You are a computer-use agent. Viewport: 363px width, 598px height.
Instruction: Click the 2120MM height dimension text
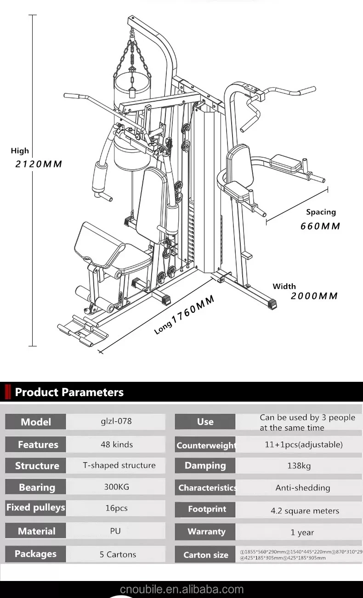pos(39,164)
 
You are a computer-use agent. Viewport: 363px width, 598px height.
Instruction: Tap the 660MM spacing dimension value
pos(320,226)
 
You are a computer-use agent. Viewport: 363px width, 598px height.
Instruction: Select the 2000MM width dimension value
pos(314,296)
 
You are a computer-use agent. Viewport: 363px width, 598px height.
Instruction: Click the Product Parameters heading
pos(69,392)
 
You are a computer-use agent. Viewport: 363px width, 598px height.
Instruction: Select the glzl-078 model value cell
pos(116,421)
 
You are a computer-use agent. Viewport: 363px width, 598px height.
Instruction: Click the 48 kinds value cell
pos(116,444)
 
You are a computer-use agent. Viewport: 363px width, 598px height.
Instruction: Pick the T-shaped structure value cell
pos(119,465)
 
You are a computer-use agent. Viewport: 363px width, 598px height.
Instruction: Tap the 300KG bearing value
pos(116,486)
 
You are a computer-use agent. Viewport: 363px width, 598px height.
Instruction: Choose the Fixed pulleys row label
pos(35,508)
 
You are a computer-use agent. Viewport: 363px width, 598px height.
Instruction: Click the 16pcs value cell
pos(116,508)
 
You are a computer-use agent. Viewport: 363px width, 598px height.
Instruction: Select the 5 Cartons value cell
pos(118,554)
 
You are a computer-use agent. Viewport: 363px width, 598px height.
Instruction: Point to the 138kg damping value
pos(299,466)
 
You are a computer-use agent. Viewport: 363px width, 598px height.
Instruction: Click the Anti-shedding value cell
pos(302,488)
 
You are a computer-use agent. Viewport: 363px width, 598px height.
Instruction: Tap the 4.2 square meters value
pos(305,511)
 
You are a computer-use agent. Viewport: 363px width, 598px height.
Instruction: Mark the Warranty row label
pos(206,532)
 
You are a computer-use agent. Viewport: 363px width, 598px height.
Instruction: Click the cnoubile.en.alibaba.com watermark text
pos(181,589)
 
